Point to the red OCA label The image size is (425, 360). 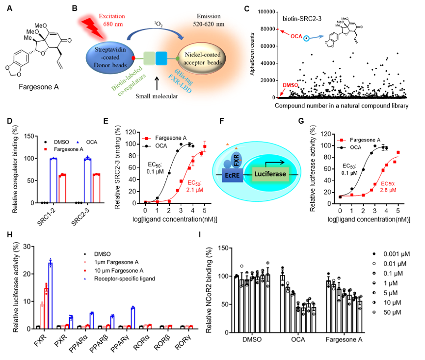click(x=296, y=36)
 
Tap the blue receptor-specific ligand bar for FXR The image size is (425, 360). click(x=50, y=295)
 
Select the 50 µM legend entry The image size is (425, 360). click(x=391, y=311)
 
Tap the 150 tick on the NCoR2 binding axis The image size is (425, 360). click(x=222, y=248)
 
